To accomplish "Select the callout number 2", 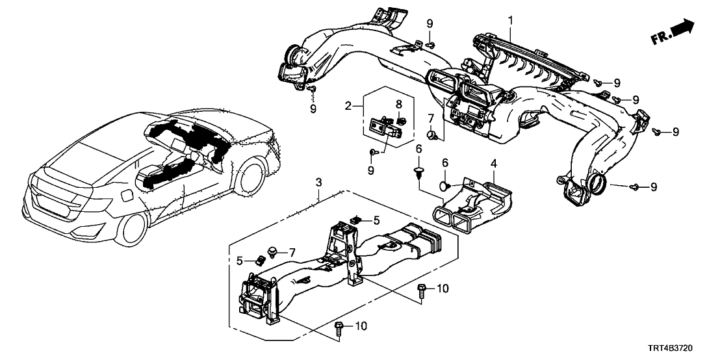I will click(x=348, y=104).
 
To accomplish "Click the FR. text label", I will click(x=662, y=39).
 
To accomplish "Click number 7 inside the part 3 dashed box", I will click(x=292, y=251).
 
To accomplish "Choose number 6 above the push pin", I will click(x=419, y=149).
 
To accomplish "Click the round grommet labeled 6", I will click(x=443, y=186).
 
